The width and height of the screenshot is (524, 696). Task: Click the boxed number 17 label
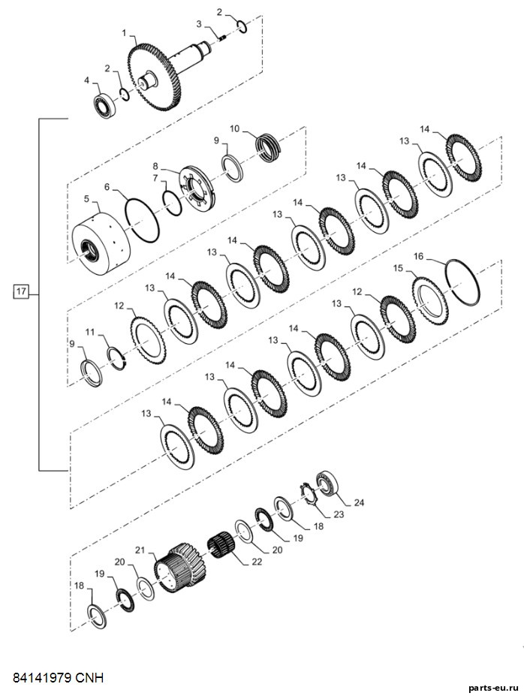point(20,291)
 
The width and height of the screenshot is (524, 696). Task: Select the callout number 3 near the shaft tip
point(199,23)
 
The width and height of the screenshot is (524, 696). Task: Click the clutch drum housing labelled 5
point(101,242)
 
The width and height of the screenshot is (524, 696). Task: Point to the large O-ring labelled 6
point(142,220)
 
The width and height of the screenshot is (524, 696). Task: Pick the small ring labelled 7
point(172,203)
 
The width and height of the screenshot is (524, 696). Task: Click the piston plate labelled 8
point(197,188)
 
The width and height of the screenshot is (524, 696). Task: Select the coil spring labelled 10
point(269,147)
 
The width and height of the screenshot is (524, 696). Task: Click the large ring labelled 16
point(462,282)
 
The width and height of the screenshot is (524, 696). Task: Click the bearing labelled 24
point(328,484)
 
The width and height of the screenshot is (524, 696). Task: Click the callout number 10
point(234,128)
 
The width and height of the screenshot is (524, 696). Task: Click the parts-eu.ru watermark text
point(493,687)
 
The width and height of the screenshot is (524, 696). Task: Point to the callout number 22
point(257,562)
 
